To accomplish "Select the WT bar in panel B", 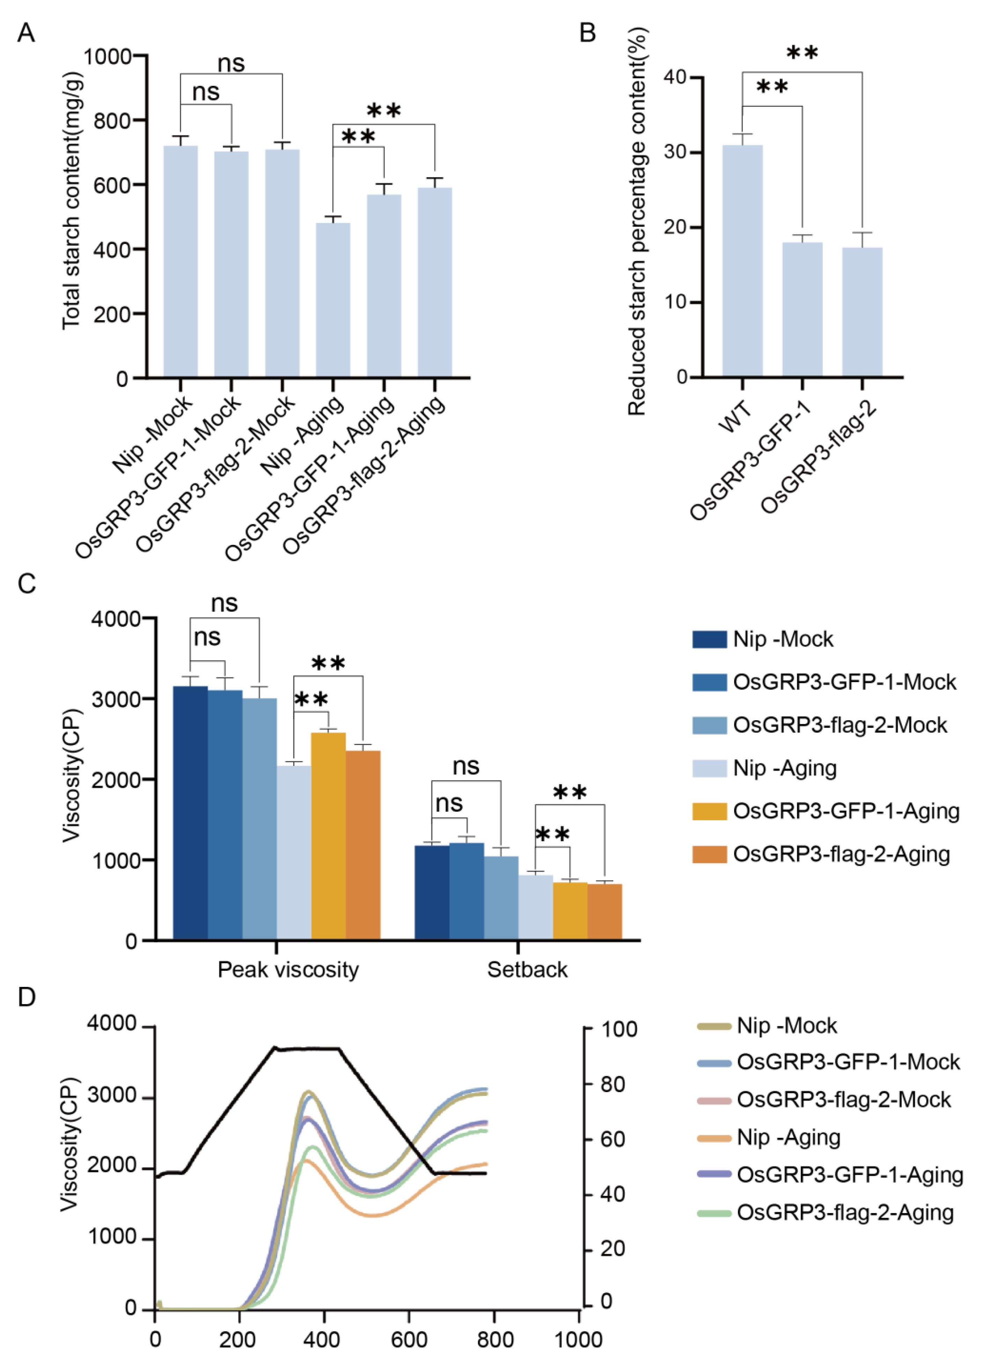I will click(742, 260).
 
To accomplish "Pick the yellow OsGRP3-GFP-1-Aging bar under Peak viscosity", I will click(329, 835).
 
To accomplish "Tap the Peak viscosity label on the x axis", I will click(288, 969).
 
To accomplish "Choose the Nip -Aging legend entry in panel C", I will click(785, 768).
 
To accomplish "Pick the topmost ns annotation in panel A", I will click(231, 63).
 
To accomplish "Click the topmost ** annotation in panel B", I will click(802, 53).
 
